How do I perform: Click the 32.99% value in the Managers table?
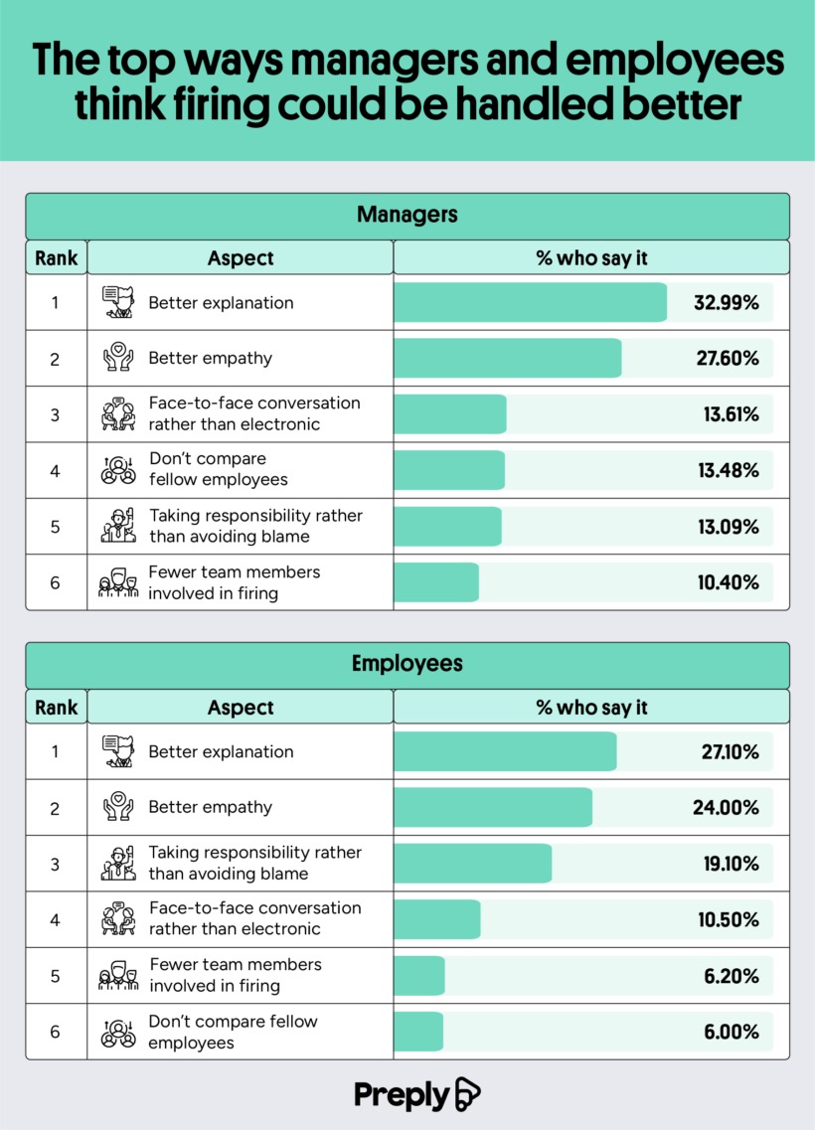726,303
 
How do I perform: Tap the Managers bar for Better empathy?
507,359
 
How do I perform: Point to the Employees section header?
407,663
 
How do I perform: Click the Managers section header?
407,214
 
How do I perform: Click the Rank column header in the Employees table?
56,708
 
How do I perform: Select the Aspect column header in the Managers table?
241,258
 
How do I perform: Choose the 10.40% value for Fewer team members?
726,582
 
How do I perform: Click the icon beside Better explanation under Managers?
117,302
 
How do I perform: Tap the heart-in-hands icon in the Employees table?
117,807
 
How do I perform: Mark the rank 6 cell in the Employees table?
56,1032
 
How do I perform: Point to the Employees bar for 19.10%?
473,864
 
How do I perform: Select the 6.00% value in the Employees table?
732,1032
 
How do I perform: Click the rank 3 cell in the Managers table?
56,414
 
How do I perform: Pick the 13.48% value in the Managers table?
726,470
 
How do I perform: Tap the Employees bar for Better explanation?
505,752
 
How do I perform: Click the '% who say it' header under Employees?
591,708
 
